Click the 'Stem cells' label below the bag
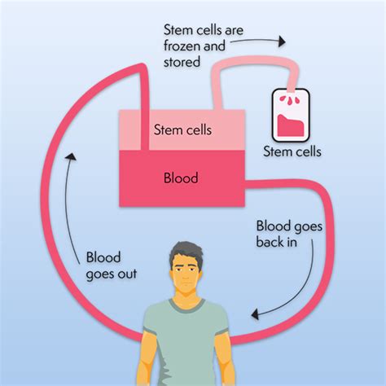tap(292, 151)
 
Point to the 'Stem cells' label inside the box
tap(180, 128)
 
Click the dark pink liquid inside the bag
tap(290, 126)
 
